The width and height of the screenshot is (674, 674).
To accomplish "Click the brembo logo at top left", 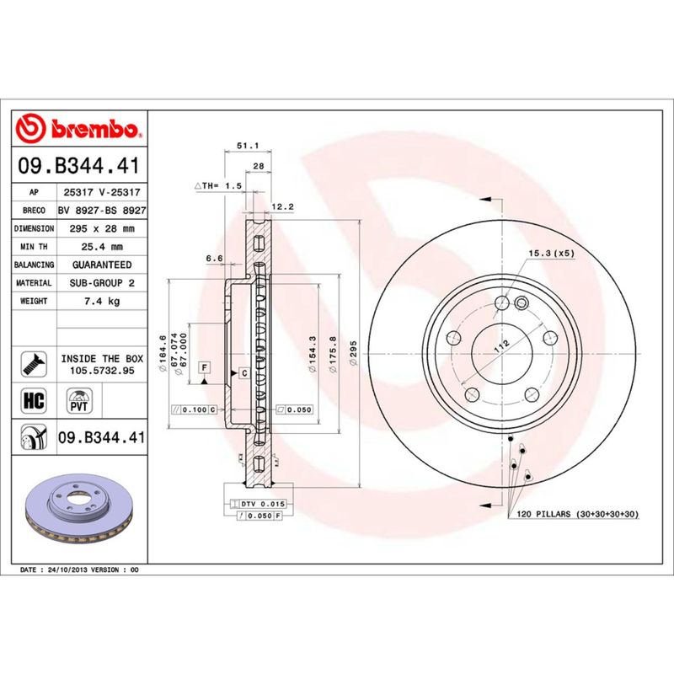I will (78, 129).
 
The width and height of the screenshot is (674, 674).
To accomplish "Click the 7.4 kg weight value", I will (102, 301).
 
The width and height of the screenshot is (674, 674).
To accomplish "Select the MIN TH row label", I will (35, 247).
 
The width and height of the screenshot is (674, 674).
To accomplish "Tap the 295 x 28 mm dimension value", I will (102, 229).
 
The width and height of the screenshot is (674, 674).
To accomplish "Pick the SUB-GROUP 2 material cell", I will (102, 283).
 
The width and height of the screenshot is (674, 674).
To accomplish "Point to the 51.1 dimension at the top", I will (247, 146).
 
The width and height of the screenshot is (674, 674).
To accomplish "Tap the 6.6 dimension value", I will (213, 258).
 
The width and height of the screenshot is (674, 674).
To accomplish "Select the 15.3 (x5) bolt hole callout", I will (552, 253).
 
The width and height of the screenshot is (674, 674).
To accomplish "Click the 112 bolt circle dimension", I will (499, 345).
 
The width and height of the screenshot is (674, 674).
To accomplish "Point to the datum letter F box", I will (204, 366).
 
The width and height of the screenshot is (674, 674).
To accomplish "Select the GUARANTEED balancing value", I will (102, 265).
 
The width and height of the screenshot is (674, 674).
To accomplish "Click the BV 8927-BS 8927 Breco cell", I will (102, 211).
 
